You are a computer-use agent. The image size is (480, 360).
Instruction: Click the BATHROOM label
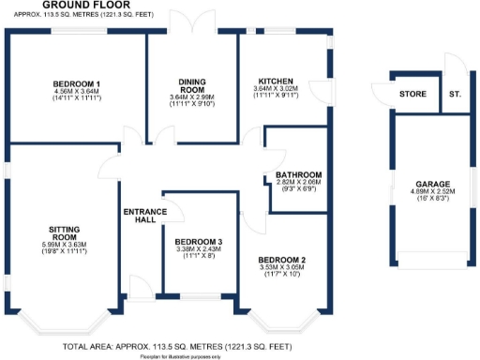point(298,175)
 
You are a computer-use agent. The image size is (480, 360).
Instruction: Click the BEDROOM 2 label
point(283,259)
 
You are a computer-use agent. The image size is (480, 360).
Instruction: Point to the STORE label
point(412,95)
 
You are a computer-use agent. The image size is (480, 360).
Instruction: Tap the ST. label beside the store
point(455,95)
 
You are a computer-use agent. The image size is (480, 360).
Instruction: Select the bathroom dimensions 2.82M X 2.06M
point(298,183)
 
